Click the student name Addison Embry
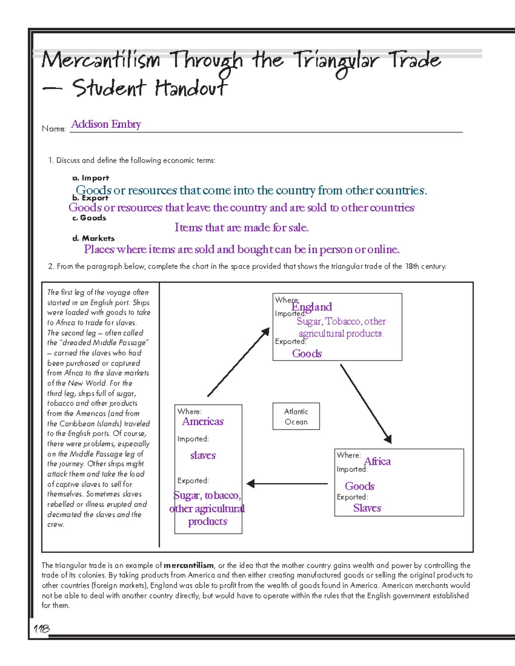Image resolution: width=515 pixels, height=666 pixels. click(x=106, y=124)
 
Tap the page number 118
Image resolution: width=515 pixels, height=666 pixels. click(x=42, y=629)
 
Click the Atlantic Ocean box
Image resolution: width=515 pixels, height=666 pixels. click(x=296, y=416)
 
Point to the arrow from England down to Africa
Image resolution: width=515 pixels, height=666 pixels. click(x=366, y=403)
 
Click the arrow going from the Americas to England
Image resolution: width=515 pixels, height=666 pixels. click(x=239, y=362)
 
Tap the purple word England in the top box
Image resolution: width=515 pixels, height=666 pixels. click(x=312, y=307)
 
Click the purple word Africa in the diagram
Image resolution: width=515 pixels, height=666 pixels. click(x=377, y=461)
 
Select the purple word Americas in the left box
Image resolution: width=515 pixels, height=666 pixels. click(x=203, y=422)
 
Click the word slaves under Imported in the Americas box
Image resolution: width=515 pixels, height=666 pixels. click(x=203, y=455)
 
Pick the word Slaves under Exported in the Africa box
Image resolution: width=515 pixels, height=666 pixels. click(x=367, y=508)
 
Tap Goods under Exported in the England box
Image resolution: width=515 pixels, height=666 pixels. click(x=307, y=354)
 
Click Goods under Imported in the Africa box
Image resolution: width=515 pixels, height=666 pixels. click(x=360, y=486)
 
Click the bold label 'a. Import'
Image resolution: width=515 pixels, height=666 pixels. click(x=91, y=178)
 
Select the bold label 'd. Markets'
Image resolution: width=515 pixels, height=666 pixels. click(x=94, y=238)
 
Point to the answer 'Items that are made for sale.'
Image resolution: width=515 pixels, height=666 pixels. click(x=242, y=228)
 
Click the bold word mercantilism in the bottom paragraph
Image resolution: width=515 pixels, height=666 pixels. click(x=188, y=566)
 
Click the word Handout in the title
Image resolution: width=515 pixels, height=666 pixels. click(x=191, y=88)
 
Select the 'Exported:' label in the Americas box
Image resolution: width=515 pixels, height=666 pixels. click(x=193, y=481)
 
